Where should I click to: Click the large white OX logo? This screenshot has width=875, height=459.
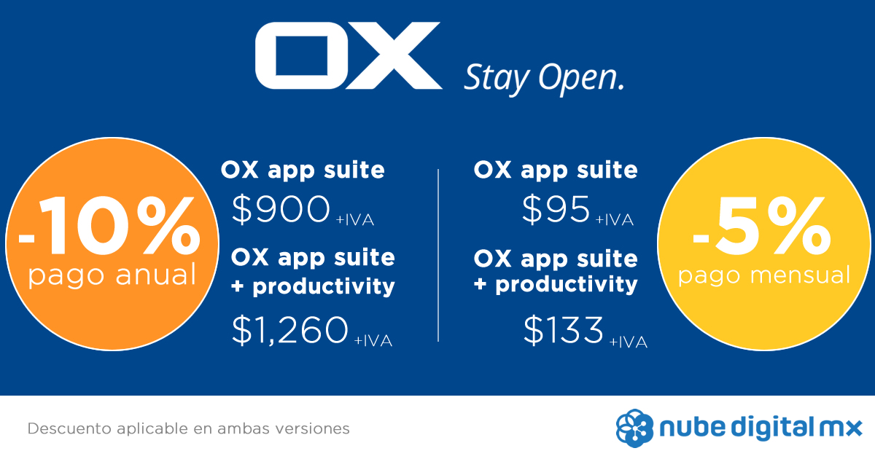pos(349,55)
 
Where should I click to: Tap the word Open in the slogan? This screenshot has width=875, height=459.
pos(581,79)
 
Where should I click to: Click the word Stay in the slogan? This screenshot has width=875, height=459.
pos(497,80)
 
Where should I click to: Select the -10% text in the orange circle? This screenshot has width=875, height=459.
pos(109,226)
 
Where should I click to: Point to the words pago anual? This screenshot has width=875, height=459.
pos(112,275)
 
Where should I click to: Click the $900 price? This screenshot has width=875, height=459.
pos(281,210)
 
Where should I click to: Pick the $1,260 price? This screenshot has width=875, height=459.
pos(290,330)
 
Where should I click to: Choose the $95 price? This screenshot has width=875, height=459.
pos(556,210)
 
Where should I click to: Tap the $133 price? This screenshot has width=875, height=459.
pos(563,330)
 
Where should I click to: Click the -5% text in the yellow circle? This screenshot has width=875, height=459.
pos(762,226)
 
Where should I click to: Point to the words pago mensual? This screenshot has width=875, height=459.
pos(764,275)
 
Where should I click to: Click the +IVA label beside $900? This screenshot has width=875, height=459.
pos(354,220)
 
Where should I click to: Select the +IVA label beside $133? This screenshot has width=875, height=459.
pos(628,342)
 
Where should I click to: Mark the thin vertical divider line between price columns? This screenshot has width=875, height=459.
pos(438,256)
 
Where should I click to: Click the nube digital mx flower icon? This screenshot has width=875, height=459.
pos(634,428)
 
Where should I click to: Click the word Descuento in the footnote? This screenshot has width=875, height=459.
pos(69,428)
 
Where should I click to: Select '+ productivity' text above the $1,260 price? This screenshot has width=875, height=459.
pos(313,287)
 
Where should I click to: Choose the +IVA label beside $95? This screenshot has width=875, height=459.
pos(614,220)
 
